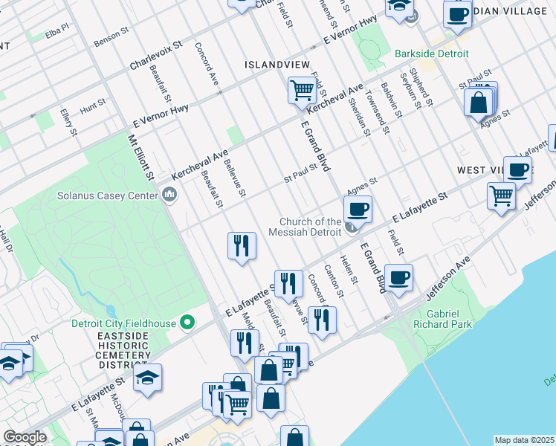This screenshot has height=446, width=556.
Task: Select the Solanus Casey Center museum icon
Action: [x=169, y=195]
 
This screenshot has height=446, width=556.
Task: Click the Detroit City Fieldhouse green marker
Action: [x=187, y=323]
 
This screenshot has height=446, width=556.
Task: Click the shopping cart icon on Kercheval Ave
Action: [x=302, y=91]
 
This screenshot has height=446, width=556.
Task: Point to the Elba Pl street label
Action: [x=56, y=32]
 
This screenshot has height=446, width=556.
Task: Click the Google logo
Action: [x=25, y=437]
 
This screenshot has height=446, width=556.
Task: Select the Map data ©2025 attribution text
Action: [x=525, y=440]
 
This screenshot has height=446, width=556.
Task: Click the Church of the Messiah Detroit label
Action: [x=311, y=227]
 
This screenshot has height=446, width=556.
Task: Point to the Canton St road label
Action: [x=332, y=280]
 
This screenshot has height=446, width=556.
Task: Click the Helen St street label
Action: [x=349, y=270]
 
